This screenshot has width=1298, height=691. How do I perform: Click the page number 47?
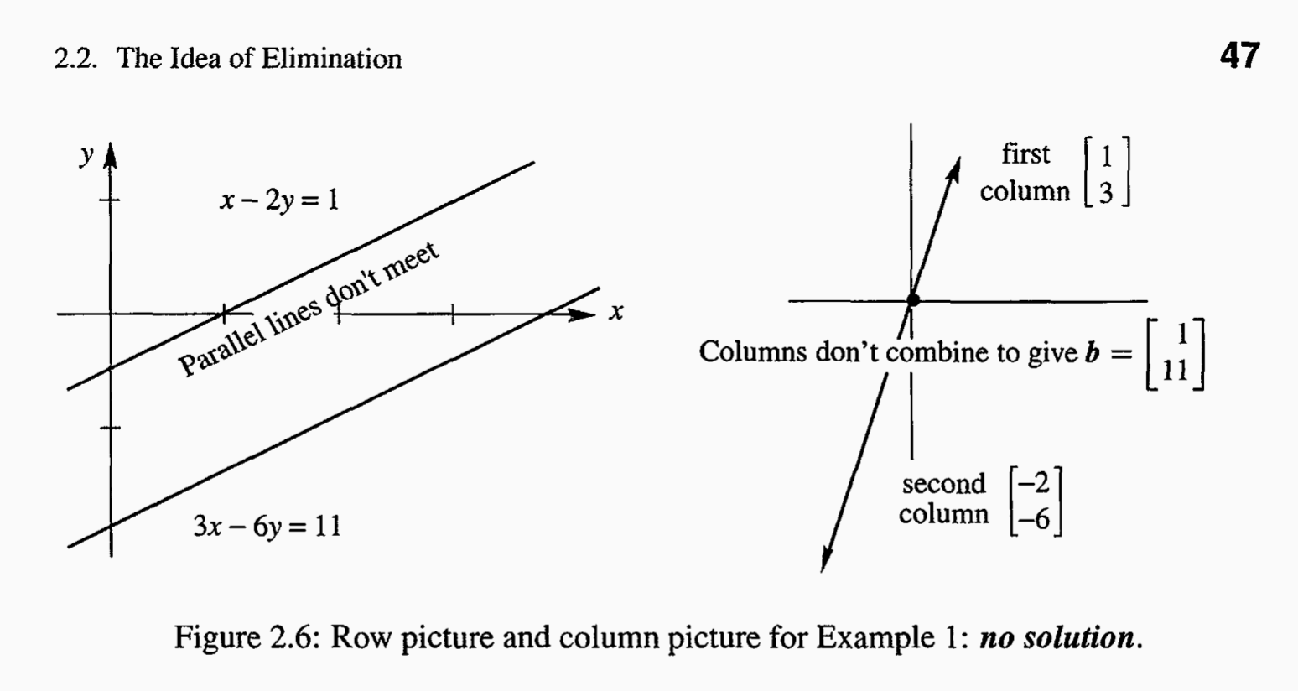coord(1239,56)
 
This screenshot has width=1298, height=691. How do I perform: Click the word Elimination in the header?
coord(331,59)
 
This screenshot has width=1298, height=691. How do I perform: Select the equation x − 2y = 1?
coord(279,200)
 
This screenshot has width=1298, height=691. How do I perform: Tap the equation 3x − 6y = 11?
coord(267,527)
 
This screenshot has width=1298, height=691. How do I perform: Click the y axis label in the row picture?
coord(87,155)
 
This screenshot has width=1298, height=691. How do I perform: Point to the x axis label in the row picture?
coord(616,313)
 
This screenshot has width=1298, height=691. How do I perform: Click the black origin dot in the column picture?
coord(912,299)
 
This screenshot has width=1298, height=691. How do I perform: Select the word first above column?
coord(1025,154)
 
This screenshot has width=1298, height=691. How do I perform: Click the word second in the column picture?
coord(943,484)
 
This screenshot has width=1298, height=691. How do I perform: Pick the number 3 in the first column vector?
coord(1106,193)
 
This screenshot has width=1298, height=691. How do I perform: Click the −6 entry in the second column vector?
coord(1035,519)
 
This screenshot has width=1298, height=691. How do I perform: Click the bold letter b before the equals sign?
coord(1093,352)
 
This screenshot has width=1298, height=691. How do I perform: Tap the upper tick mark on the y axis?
coord(110,200)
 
